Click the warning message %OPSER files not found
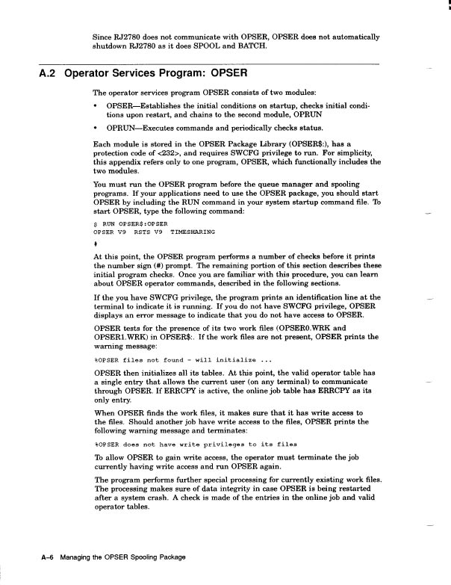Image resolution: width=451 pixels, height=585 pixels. click(178, 360)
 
